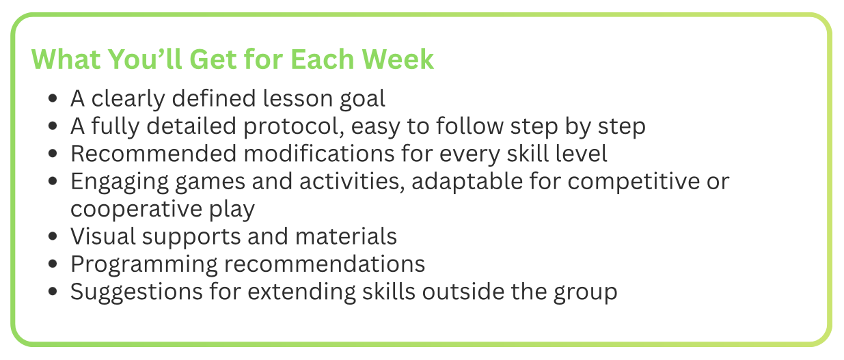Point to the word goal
362,100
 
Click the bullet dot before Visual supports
53,237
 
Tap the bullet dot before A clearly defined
53,100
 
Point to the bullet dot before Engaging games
53,182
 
